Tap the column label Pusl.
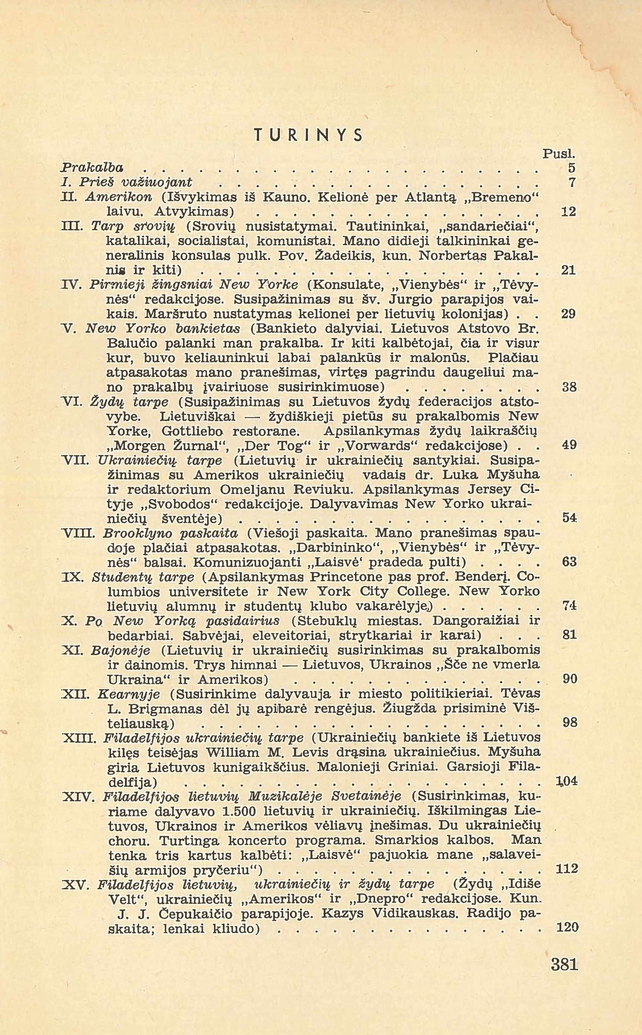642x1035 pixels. point(559,153)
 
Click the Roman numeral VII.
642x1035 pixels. point(75,460)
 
